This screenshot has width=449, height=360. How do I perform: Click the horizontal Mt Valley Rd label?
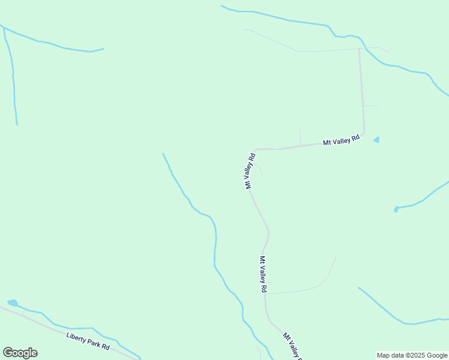pos(341,139)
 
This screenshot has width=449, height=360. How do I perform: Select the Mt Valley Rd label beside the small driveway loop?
pos(250,171)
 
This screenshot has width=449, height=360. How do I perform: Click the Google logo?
pos(20,353)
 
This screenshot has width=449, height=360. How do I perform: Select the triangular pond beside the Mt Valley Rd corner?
pos(376,140)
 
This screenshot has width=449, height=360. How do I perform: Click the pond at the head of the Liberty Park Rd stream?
pos(13,303)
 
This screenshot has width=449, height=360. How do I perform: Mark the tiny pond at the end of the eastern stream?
pos(396,209)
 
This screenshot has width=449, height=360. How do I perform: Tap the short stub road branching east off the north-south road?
pos(371,106)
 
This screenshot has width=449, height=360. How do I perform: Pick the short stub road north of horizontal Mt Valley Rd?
pos(300,136)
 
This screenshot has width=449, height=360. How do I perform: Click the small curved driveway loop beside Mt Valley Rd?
pos(261,171)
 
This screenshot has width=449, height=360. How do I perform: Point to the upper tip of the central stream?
pos(163,154)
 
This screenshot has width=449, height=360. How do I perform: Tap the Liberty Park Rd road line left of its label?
pos(36,321)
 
